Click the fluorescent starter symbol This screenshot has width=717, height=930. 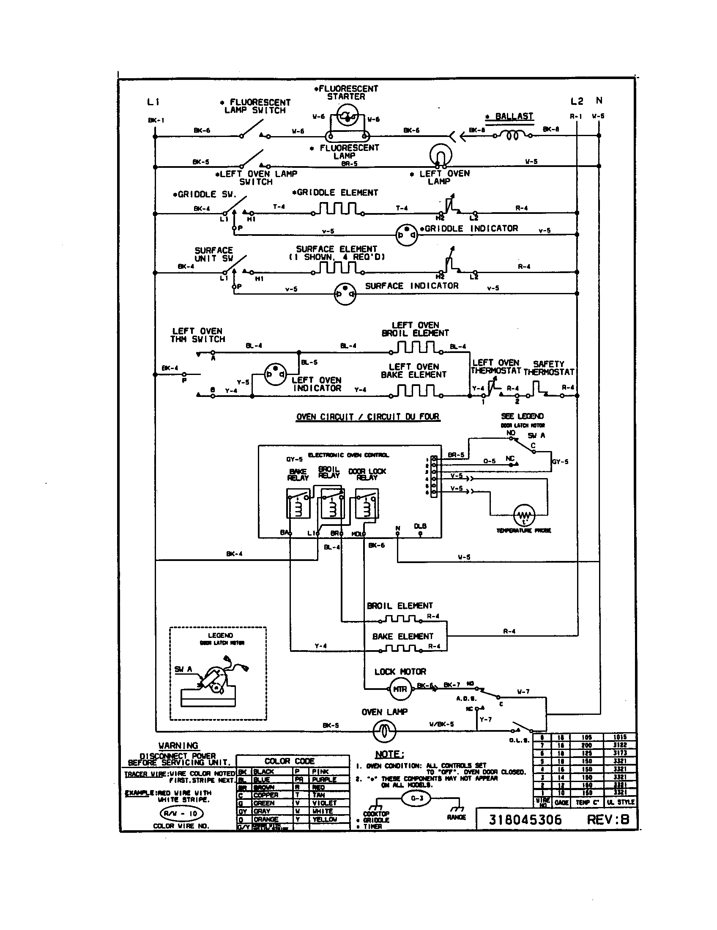pos(347,118)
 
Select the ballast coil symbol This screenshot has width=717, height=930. pos(512,135)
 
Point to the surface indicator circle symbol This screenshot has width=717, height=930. pos(345,294)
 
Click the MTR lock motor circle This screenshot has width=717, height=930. pos(400,689)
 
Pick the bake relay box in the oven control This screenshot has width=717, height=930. pos(298,503)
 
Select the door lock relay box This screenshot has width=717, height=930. pos(367,503)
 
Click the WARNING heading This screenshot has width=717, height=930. pos(178,745)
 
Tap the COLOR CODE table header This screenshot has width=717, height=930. pos(289,761)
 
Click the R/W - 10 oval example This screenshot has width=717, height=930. pos(181,813)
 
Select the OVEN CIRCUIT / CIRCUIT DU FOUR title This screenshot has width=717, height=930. pos(368,416)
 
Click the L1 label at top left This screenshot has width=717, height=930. pos(153,102)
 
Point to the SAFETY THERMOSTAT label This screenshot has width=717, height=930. pos(548,368)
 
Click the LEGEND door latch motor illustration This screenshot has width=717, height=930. pos(215,682)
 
